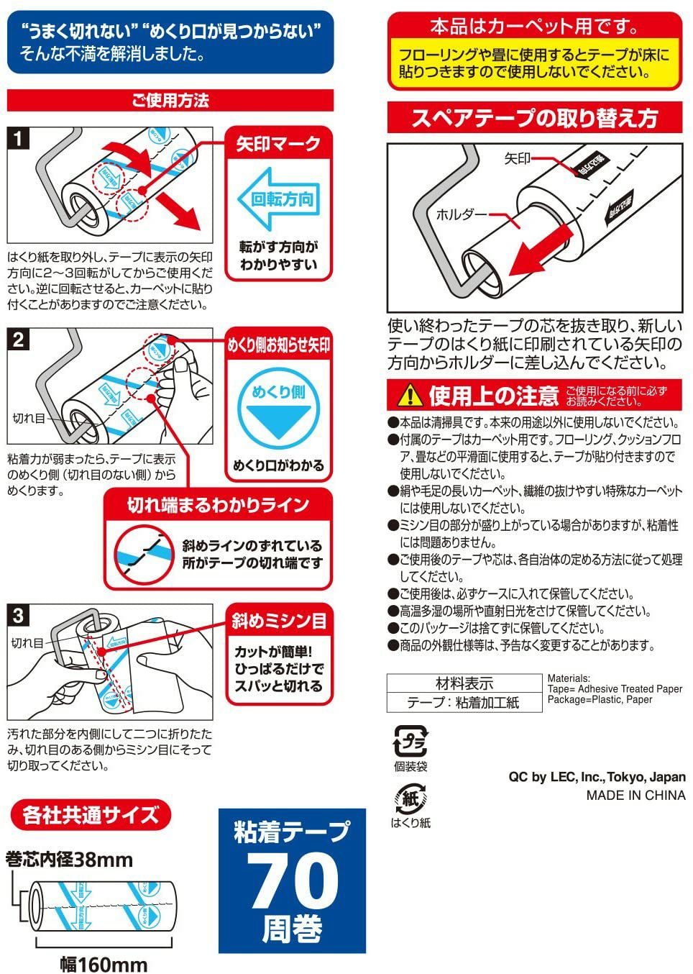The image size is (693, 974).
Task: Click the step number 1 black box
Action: (18, 138)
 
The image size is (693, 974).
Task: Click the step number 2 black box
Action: (18, 338)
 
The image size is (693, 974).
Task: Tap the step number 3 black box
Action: (18, 614)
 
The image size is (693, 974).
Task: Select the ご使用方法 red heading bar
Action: (170, 100)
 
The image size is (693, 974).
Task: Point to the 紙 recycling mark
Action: (410, 798)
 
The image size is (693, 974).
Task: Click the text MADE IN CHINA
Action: (635, 795)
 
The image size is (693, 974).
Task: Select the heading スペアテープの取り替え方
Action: (534, 118)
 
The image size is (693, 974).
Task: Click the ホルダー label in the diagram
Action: (460, 214)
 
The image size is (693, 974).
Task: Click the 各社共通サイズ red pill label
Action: (91, 815)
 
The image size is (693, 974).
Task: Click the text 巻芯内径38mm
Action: (70, 859)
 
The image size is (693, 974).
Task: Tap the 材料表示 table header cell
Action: (464, 683)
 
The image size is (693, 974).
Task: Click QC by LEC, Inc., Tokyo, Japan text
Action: (597, 777)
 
